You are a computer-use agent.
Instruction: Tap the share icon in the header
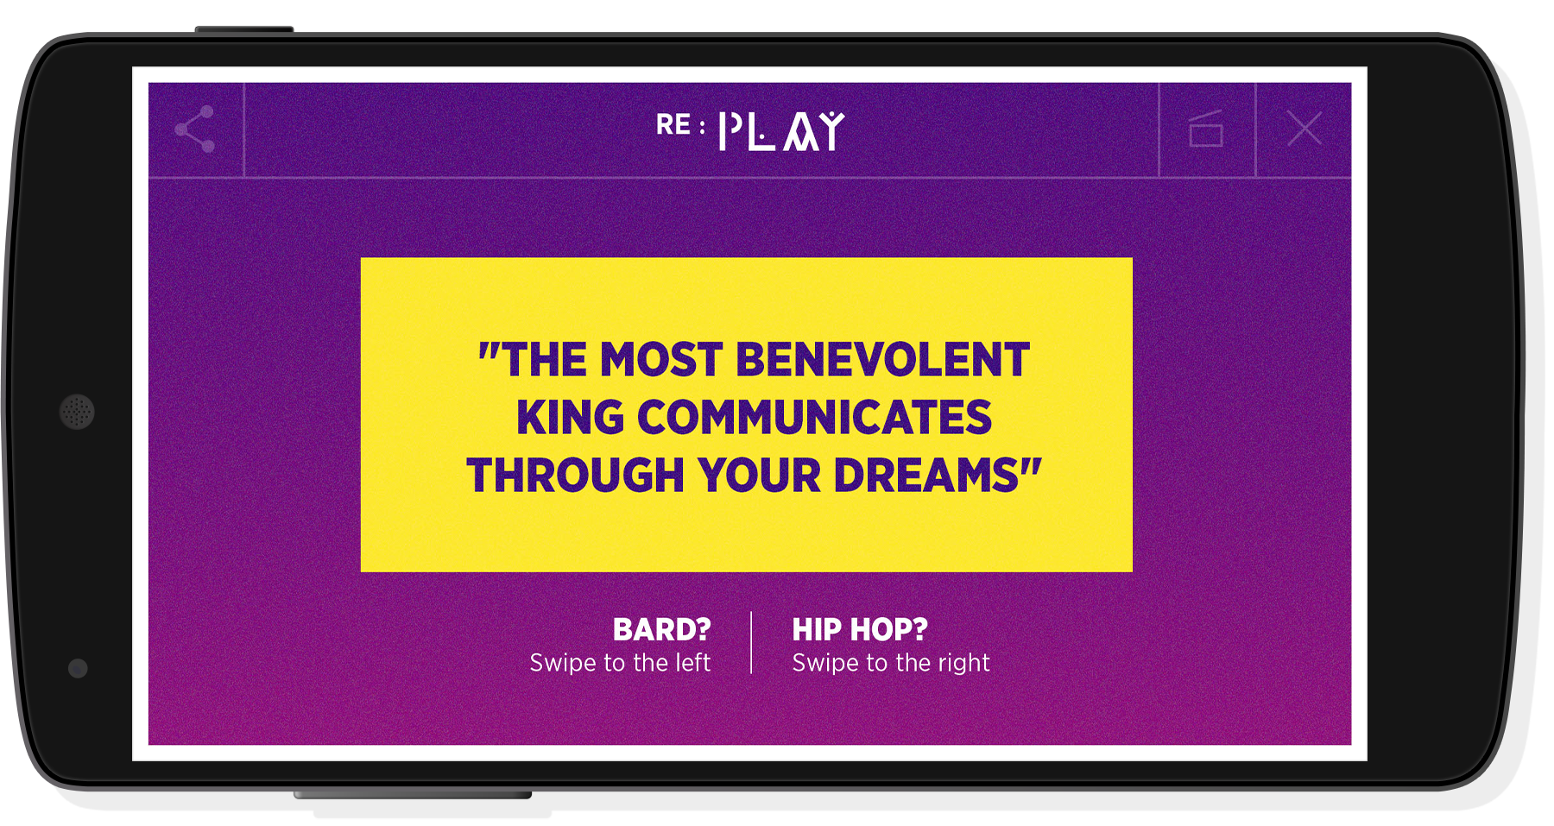tap(195, 129)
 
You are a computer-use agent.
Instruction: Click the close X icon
tap(1304, 129)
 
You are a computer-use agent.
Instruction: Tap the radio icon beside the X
tap(1206, 129)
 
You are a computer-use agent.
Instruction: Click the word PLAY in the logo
tap(781, 131)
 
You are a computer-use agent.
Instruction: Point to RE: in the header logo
tap(680, 125)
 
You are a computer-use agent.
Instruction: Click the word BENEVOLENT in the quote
tap(882, 359)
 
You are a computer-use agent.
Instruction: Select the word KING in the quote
tap(570, 418)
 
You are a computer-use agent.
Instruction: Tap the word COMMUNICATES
tap(815, 418)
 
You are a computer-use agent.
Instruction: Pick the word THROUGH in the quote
tap(575, 476)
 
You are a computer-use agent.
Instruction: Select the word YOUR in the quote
tap(759, 476)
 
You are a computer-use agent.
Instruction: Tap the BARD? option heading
tap(662, 630)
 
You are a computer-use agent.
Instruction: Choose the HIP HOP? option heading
tap(860, 630)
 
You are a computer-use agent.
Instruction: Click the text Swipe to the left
tap(620, 663)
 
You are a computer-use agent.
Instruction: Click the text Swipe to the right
tap(891, 663)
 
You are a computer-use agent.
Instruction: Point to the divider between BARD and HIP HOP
tap(751, 643)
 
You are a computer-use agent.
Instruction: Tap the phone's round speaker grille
tap(77, 412)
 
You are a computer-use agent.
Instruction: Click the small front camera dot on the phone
tap(78, 668)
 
